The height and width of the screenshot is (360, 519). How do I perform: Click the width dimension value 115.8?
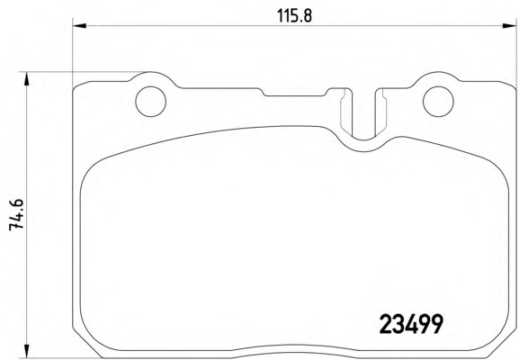pyautogui.click(x=294, y=15)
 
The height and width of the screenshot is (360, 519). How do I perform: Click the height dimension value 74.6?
pyautogui.click(x=16, y=214)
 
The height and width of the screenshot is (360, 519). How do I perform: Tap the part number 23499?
pyautogui.click(x=411, y=324)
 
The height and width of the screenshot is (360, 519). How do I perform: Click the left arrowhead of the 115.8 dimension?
pyautogui.click(x=79, y=25)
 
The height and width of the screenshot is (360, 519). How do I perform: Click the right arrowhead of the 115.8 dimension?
pyautogui.click(x=509, y=25)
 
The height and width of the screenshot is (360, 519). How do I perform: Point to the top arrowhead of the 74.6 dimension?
pyautogui.click(x=27, y=79)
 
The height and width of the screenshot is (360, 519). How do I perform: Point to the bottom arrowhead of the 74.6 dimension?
pyautogui.click(x=27, y=351)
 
